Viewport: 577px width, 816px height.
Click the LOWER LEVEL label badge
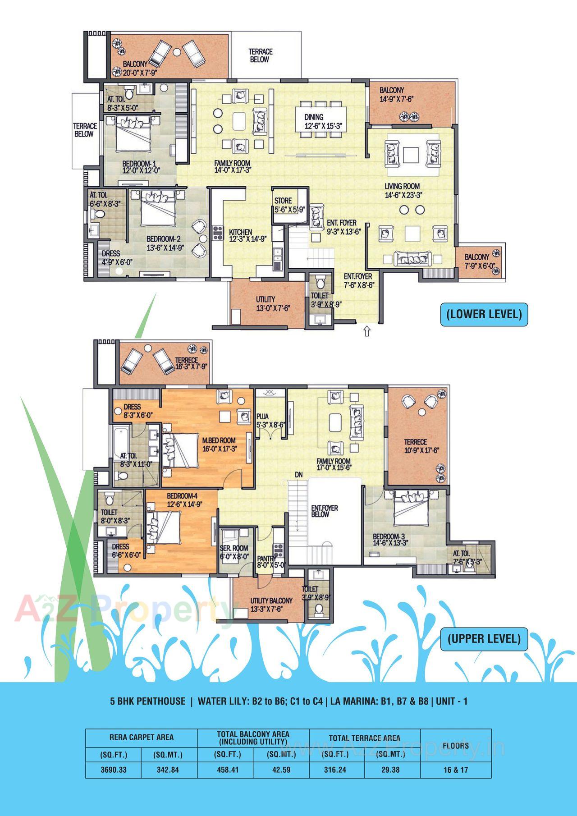click(x=484, y=314)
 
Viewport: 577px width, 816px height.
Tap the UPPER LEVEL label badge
click(x=484, y=639)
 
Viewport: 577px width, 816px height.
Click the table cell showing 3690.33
click(x=114, y=770)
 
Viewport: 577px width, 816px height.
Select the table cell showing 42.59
click(x=281, y=770)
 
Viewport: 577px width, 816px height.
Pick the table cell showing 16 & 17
click(x=456, y=770)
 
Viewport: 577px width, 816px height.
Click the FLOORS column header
click(x=456, y=746)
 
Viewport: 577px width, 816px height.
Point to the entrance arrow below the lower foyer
click(x=366, y=332)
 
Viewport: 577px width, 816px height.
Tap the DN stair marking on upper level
click(x=298, y=475)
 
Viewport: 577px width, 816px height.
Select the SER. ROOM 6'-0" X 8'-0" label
click(x=234, y=552)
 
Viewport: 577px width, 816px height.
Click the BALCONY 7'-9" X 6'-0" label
click(x=477, y=261)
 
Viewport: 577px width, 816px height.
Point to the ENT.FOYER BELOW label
click(x=325, y=511)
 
